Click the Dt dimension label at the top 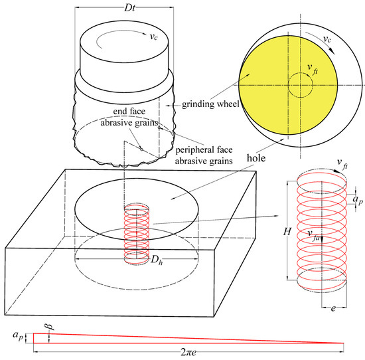(x=129, y=8)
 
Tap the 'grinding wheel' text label (x=210, y=104)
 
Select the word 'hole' (x=256, y=158)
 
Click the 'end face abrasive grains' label (x=129, y=117)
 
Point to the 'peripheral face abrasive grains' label (x=204, y=155)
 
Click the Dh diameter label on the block (x=157, y=259)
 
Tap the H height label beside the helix (x=287, y=232)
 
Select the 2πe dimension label (x=188, y=352)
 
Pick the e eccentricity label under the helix (x=333, y=308)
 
